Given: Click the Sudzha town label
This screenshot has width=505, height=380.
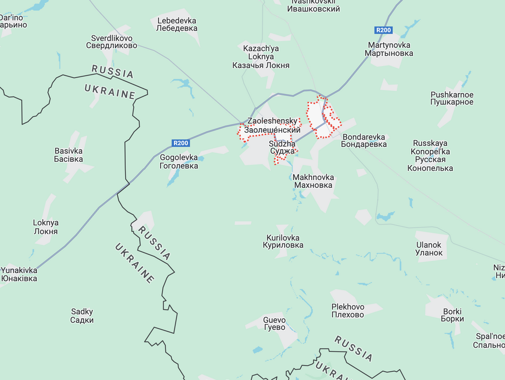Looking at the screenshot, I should [x=282, y=147].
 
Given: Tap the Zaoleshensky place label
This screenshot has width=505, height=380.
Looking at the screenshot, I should [x=273, y=125].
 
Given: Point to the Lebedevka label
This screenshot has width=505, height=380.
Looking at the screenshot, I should [x=177, y=24].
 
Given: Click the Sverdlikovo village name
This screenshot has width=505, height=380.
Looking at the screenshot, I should [x=111, y=42].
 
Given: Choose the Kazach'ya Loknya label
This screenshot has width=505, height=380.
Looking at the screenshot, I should [x=261, y=57].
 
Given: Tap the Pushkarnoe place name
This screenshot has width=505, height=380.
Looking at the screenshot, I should [x=452, y=98].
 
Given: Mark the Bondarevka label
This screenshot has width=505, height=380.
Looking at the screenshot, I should [x=364, y=140].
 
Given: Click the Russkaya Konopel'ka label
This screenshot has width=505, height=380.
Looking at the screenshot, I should [x=430, y=155].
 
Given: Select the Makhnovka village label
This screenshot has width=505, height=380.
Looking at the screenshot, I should [x=313, y=181].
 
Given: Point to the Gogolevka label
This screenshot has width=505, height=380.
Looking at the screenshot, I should [x=179, y=162].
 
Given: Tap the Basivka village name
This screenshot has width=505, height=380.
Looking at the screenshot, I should [x=69, y=155].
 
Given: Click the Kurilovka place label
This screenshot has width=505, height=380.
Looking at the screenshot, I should [x=283, y=241].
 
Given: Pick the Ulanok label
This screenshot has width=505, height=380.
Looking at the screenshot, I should [x=429, y=249].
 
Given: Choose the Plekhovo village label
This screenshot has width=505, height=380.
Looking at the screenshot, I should [x=348, y=311].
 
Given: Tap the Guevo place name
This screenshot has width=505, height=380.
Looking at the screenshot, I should [x=274, y=323].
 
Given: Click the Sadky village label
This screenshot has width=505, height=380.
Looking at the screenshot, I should [x=82, y=315].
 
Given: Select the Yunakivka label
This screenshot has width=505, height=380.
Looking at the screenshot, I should [x=19, y=274].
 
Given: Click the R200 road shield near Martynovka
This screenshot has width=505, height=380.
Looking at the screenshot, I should [x=383, y=30].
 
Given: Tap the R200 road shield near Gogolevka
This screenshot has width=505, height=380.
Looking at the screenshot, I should [x=180, y=143].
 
